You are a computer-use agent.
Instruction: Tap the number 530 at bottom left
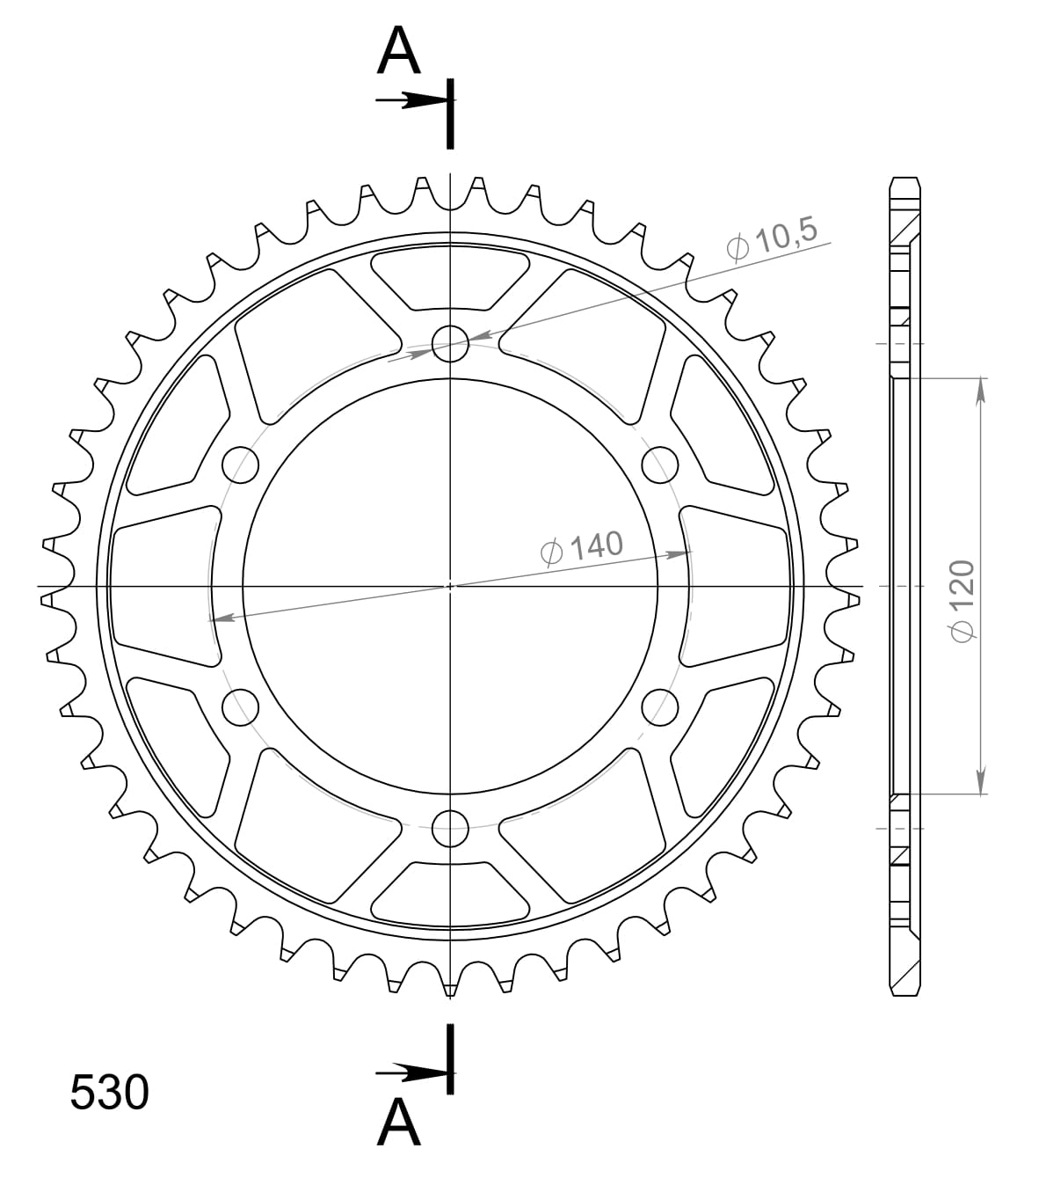coord(110,1094)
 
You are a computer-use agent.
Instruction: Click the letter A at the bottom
coord(399,1123)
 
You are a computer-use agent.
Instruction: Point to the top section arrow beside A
coord(408,101)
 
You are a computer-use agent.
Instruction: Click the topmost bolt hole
coord(451,342)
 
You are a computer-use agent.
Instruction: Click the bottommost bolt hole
coord(451,827)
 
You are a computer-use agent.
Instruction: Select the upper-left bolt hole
coord(241,464)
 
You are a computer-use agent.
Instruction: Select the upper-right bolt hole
coord(660,464)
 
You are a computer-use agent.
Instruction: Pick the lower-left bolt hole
coord(241,706)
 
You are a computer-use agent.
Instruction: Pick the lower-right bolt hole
coord(660,706)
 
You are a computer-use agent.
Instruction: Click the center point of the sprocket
coord(451,585)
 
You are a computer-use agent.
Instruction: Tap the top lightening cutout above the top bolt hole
coord(450,279)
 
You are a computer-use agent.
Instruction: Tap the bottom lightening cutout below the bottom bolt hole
coord(450,890)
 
